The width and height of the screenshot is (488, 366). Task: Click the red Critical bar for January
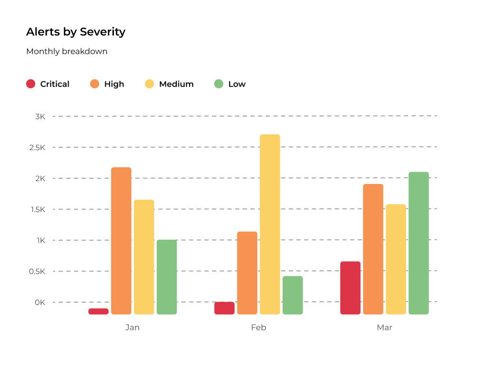(x=98, y=311)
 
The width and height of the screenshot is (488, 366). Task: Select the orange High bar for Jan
(x=121, y=241)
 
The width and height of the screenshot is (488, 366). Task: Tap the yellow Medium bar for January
(x=144, y=257)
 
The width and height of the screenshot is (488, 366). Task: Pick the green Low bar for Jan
(x=167, y=277)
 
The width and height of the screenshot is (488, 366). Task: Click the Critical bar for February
(x=224, y=308)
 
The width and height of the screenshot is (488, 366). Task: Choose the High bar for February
(x=247, y=273)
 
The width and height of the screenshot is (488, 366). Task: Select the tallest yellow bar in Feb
(x=270, y=224)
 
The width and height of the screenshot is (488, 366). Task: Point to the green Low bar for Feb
(x=293, y=295)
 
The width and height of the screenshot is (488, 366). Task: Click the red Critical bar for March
(x=350, y=288)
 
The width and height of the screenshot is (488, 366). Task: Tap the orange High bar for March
(x=373, y=249)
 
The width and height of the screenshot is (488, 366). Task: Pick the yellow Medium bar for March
(x=396, y=259)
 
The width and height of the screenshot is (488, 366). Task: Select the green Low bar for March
(x=418, y=243)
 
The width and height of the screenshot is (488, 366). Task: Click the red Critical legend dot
(x=30, y=84)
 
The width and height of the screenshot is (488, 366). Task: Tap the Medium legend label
(x=176, y=84)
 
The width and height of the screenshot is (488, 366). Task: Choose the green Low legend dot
(x=219, y=84)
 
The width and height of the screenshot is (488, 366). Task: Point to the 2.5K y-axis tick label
(x=36, y=147)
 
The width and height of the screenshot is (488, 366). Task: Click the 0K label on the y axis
(x=40, y=302)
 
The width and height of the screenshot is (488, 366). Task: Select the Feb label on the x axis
(x=258, y=327)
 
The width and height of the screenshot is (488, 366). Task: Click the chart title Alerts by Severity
(x=76, y=32)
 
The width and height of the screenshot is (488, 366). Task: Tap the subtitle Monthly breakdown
(x=67, y=51)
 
